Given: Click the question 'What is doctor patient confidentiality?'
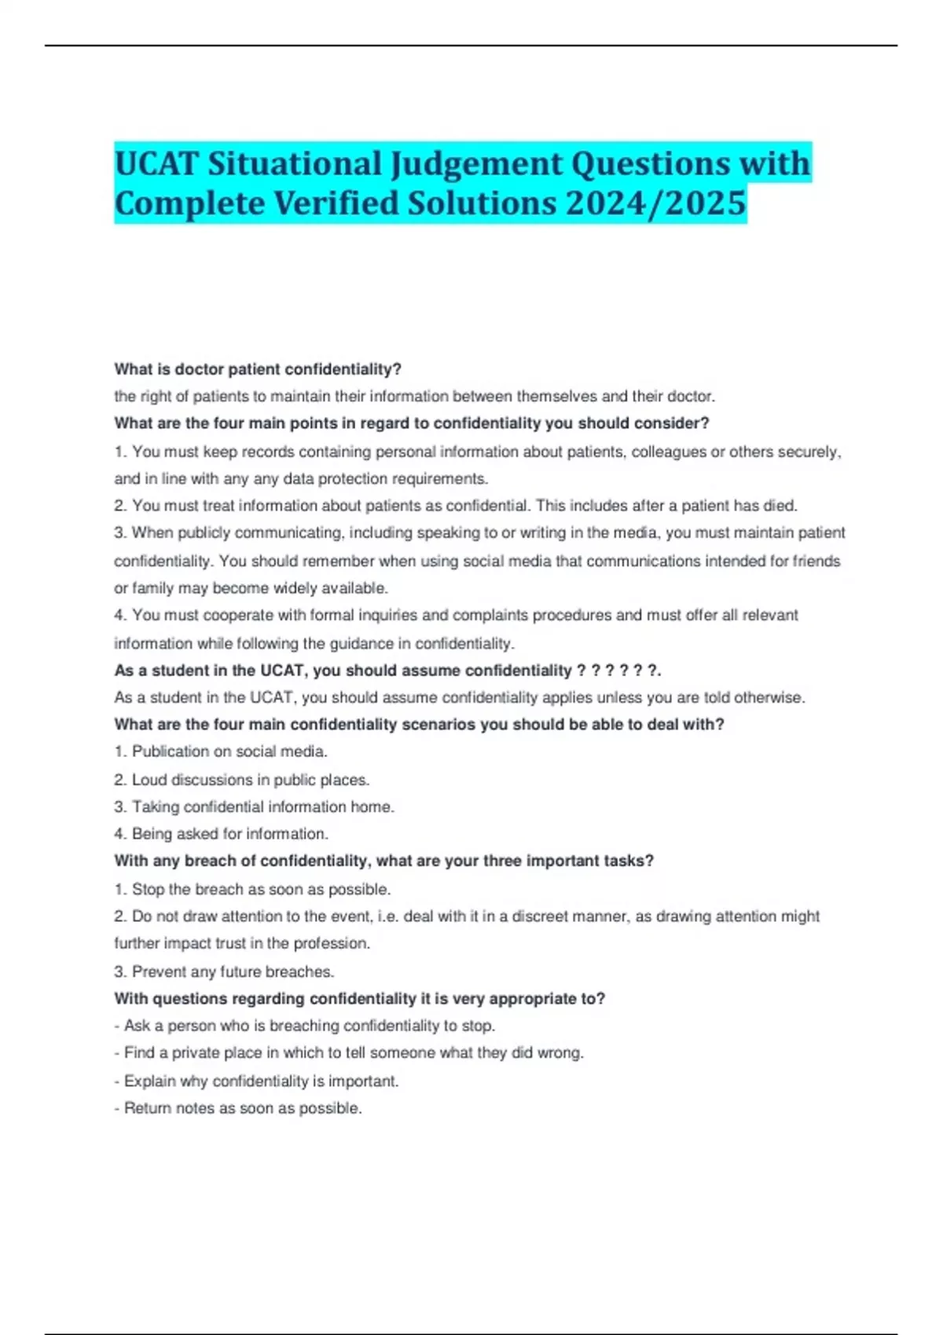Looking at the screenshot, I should tap(258, 369).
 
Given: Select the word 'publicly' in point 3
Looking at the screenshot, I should tap(204, 532).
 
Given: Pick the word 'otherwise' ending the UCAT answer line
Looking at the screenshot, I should tap(772, 697).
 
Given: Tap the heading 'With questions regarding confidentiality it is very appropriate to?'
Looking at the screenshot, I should tap(359, 999).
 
